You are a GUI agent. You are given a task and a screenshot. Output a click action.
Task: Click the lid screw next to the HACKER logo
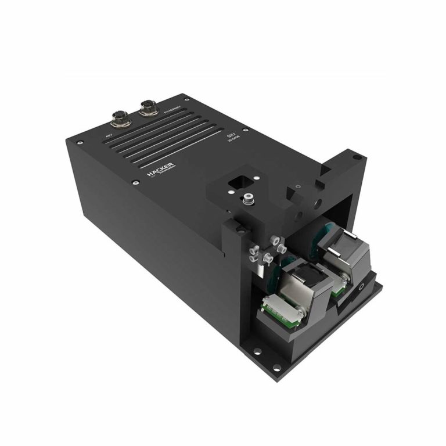coord(135,184)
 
